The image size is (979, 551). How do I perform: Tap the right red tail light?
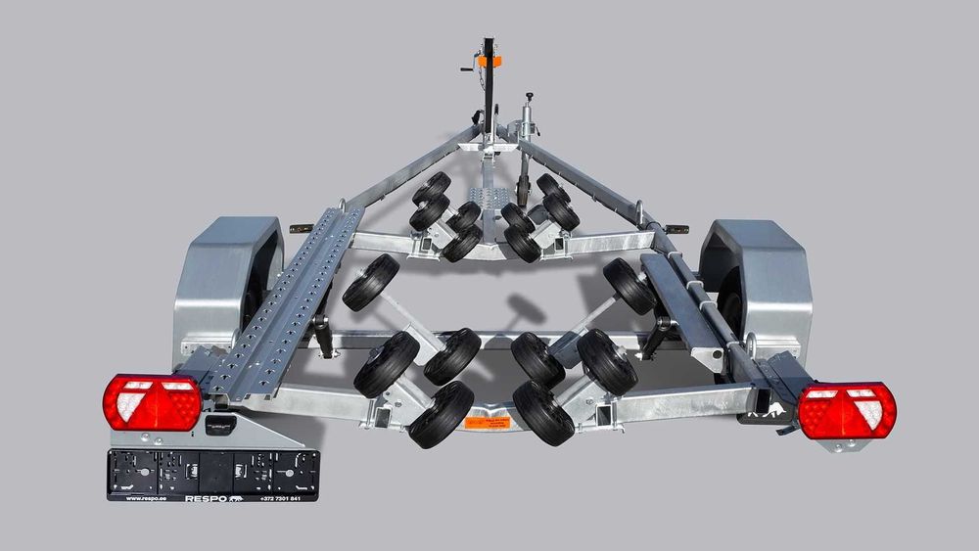point(847,410)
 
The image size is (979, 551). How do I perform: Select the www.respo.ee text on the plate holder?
point(142,497)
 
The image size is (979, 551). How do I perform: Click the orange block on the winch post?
point(495,62)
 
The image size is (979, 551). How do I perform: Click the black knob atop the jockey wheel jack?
point(530,95)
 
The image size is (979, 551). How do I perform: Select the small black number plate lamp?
point(221,424)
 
